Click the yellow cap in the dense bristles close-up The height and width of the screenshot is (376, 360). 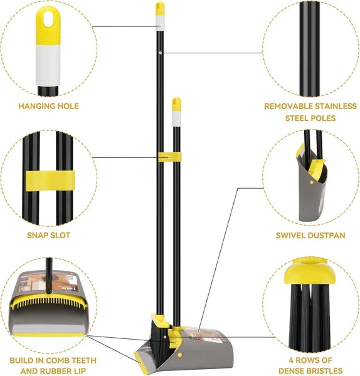point(308,277)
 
